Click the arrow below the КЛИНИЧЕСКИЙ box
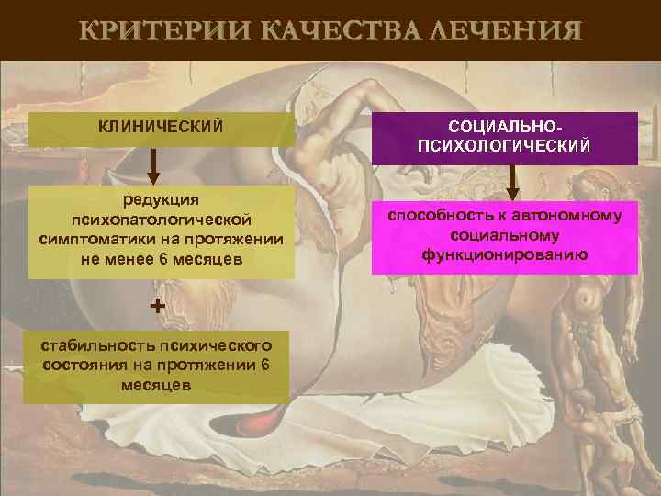(x=154, y=166)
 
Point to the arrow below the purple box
(x=513, y=184)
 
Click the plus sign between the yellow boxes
(x=157, y=306)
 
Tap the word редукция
(x=161, y=200)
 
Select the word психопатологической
(x=161, y=220)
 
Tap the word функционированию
(x=504, y=253)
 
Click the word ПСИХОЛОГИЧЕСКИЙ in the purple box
(x=504, y=145)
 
